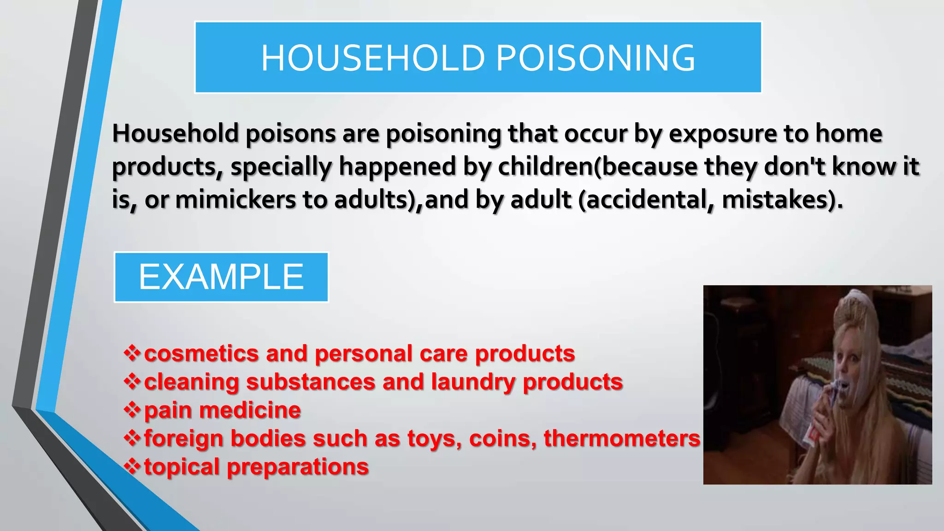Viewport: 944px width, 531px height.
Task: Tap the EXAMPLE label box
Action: [x=221, y=277]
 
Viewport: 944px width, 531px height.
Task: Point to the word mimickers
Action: [x=236, y=200]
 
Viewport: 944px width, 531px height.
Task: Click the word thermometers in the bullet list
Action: [x=622, y=438]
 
